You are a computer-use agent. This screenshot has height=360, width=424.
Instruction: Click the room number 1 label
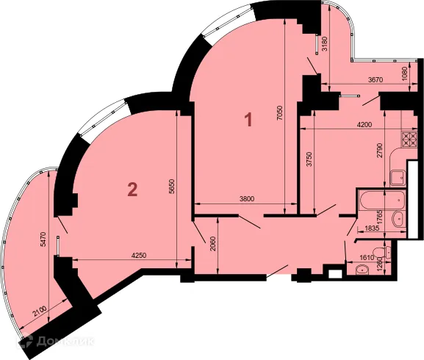[249, 119]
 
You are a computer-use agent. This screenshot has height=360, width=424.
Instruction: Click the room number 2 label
[132, 190]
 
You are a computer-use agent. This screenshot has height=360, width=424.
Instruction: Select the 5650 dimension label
[172, 188]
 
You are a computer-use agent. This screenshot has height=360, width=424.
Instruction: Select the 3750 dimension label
[309, 162]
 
